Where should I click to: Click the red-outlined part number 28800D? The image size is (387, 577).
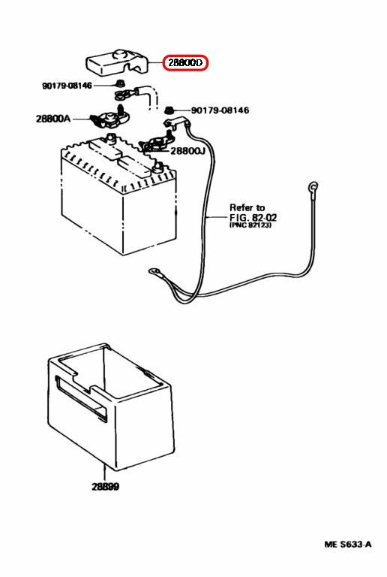tap(185, 63)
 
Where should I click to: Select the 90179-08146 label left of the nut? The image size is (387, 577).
tap(67, 86)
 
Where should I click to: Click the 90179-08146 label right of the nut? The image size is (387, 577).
tap(220, 110)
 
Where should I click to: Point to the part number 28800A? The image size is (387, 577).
tap(52, 119)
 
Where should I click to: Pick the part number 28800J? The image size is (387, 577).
tap(187, 150)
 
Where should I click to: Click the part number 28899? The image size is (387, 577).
tap(106, 487)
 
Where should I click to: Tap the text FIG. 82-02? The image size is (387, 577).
tap(253, 217)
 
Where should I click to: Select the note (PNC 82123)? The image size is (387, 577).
tap(250, 225)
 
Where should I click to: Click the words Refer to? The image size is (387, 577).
tap(247, 207)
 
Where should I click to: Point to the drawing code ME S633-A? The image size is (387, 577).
tap(348, 544)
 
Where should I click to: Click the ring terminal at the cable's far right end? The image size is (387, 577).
tap(313, 187)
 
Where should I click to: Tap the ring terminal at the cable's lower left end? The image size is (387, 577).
tap(154, 272)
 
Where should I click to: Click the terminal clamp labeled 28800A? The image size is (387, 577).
tap(109, 119)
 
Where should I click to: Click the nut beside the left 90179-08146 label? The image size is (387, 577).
tap(119, 83)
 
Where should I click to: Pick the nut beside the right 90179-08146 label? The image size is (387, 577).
tap(168, 110)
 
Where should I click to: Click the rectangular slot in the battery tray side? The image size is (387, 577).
tap(80, 399)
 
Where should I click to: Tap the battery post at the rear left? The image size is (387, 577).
tap(110, 138)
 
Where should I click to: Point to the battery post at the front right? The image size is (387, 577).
tap(158, 167)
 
